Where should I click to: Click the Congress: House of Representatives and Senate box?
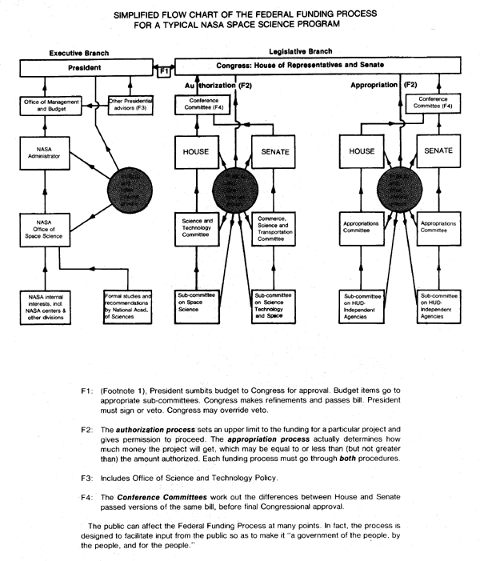pos(324,65)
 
